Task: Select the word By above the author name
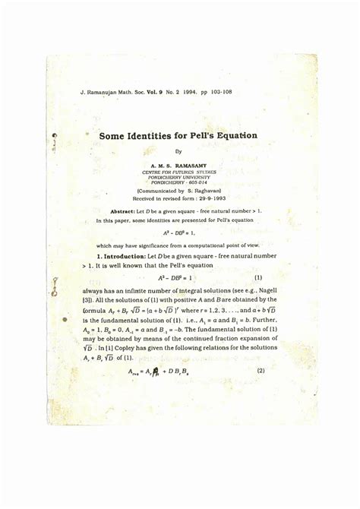coord(179,151)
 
